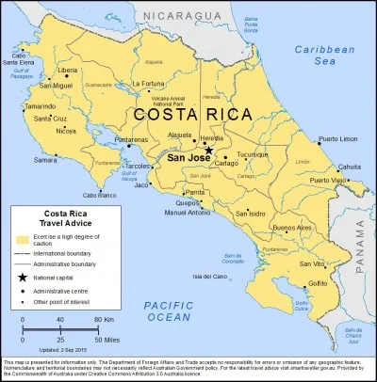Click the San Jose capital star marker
click(208, 150)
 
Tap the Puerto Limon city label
click(338, 139)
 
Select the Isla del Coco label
click(209, 277)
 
